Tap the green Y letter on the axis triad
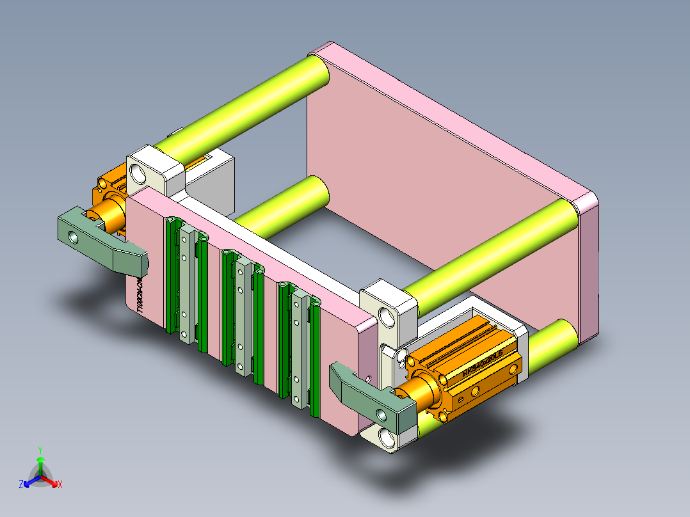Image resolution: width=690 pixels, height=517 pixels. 40,450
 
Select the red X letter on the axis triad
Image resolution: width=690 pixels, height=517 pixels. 60,484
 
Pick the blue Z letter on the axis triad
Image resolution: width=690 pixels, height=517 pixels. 20,484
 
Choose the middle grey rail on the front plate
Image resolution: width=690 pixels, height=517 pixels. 241,314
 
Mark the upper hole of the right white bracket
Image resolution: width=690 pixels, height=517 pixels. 386,315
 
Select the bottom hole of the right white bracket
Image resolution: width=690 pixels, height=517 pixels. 388,438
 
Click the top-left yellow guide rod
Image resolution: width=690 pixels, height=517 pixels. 243,102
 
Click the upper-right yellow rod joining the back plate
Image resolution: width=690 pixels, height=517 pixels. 493,250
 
